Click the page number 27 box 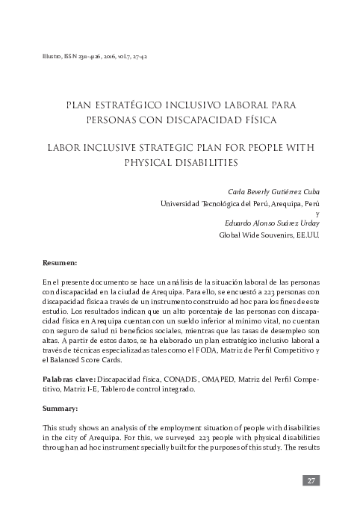312,480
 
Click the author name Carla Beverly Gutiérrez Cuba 273,190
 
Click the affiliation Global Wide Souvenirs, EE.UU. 268,234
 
